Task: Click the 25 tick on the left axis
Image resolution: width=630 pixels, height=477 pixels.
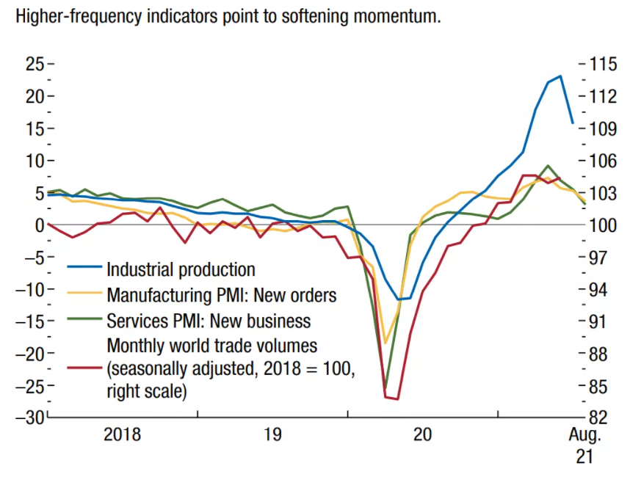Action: (x=34, y=64)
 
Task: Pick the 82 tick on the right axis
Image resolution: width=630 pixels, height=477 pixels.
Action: (x=597, y=417)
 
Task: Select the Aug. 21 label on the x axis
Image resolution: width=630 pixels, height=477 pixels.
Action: (x=585, y=445)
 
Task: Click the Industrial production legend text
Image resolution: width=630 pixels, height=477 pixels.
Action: (x=181, y=270)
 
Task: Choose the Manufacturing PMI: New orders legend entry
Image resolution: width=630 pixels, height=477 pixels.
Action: (x=221, y=296)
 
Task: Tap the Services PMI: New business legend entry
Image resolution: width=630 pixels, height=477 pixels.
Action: (x=209, y=321)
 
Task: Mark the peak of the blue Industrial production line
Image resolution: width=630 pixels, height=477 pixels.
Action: (x=560, y=76)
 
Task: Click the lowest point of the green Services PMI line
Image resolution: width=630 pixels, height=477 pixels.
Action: (x=385, y=388)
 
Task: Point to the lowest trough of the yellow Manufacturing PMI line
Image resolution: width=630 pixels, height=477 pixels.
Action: (x=385, y=343)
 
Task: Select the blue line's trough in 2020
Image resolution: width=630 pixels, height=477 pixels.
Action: (x=399, y=299)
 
